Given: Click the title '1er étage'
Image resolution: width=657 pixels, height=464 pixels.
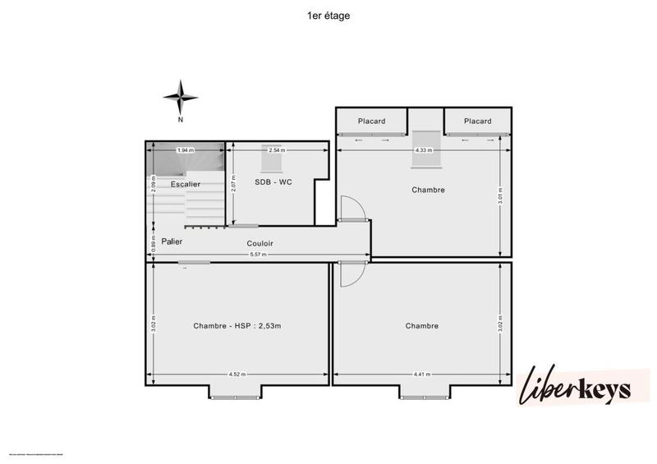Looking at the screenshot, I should click(328, 15).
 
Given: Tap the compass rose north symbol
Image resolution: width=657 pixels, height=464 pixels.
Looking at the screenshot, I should click(180, 99).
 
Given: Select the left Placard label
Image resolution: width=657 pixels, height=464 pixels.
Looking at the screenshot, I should click(371, 122).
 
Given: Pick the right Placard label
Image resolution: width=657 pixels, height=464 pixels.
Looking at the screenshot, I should click(477, 122).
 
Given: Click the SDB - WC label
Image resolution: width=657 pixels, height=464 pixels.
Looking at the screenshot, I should click(274, 182).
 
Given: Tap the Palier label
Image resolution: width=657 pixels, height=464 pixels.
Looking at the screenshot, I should click(172, 242).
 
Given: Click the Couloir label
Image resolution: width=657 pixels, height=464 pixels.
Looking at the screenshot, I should click(260, 244).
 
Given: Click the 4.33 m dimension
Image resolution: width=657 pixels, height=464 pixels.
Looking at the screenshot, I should click(424, 150).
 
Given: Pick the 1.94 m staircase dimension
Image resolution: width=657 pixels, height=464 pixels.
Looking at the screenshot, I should click(186, 150).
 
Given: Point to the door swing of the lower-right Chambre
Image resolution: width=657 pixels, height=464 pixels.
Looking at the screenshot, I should click(347, 273).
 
